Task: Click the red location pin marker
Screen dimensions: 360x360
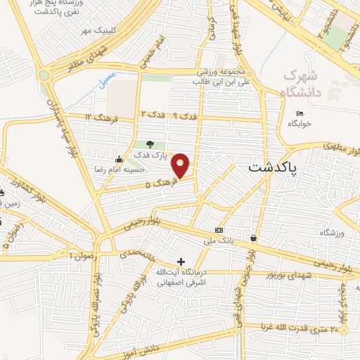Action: click(181, 165)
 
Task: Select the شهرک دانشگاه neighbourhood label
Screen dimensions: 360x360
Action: click(303, 84)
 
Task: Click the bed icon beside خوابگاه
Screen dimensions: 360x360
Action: click(300, 114)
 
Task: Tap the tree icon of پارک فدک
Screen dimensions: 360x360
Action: click(150, 146)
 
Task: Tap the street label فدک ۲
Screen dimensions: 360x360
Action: click(153, 114)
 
